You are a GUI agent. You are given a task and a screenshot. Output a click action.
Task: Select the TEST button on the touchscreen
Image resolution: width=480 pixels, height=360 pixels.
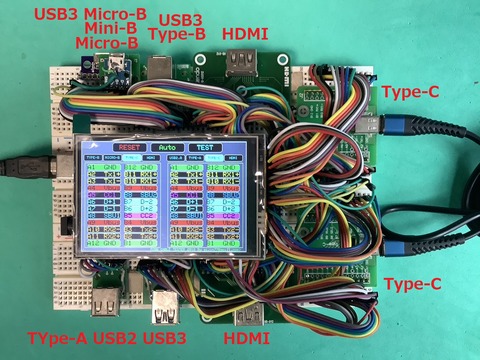coord(205,147)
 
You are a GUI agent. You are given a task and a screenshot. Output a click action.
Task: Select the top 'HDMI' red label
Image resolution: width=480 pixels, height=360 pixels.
coord(246,33)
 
